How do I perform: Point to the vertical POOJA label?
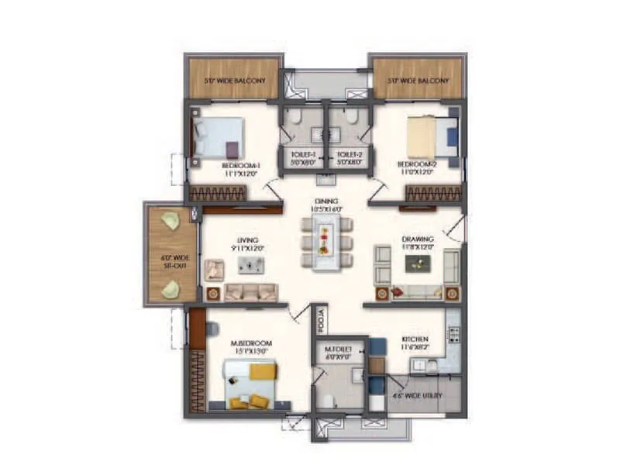pyautogui.click(x=320, y=318)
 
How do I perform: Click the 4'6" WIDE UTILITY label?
pyautogui.click(x=416, y=396)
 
